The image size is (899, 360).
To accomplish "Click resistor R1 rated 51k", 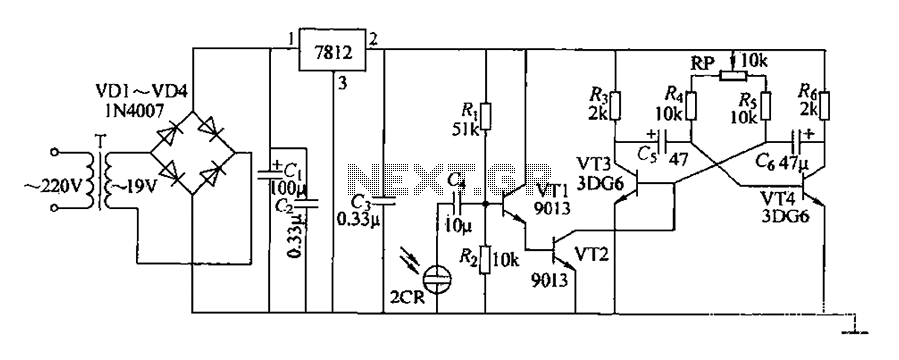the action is (486, 116).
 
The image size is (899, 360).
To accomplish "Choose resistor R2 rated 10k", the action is (486, 259).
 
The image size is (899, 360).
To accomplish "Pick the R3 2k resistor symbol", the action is (614, 105).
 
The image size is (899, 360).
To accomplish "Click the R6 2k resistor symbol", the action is (823, 105).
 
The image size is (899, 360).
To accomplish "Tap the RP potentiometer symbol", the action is (733, 76).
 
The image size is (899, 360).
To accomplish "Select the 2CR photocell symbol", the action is (436, 280).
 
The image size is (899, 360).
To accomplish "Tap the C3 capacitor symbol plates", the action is (384, 201).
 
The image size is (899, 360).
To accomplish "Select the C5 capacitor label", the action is (649, 155).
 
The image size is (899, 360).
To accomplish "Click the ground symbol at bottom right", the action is (854, 328).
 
